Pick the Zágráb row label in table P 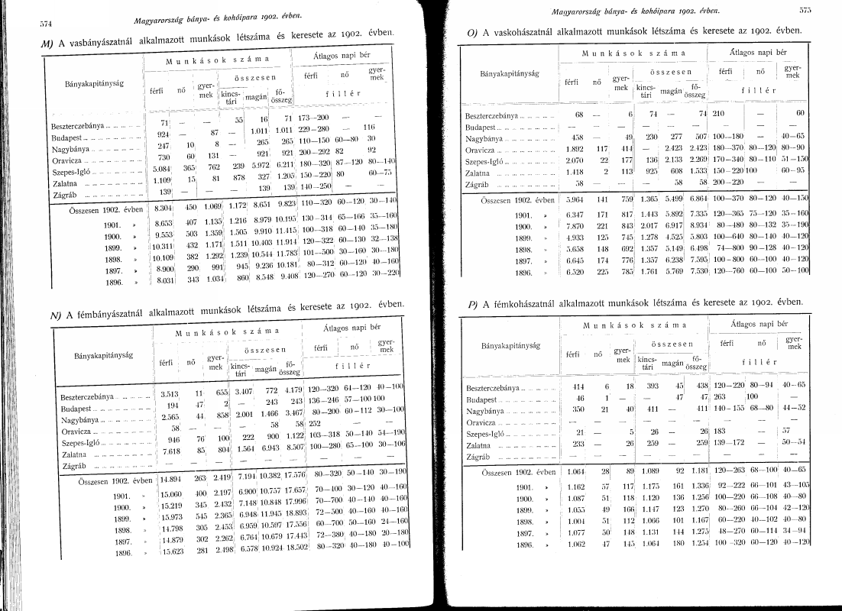(479, 457)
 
